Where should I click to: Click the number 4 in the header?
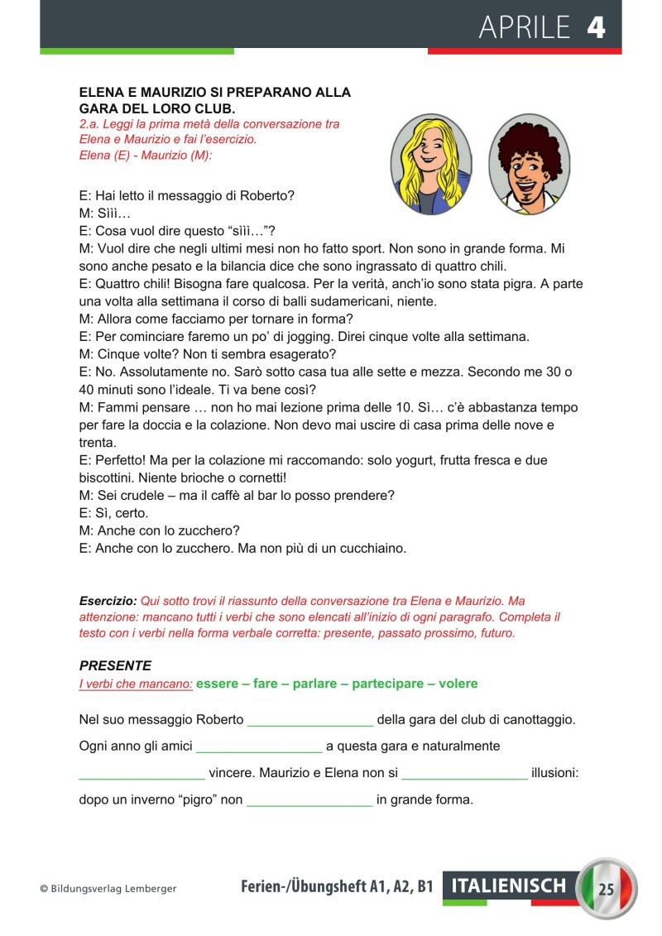pos(596,28)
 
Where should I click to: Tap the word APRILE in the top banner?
pos(525,28)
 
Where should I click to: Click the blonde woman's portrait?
pos(431,164)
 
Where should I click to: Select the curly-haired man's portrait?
pos(530,164)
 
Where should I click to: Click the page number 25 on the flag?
pos(607,890)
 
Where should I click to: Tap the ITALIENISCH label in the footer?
pos(509,886)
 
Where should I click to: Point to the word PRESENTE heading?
pos(115,665)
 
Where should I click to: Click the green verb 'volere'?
pos(458,684)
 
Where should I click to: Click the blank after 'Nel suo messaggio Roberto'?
pos(309,720)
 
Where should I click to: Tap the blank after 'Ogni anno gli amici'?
pos(259,746)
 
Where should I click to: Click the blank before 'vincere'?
pos(142,774)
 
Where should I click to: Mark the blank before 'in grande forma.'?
pos(309,800)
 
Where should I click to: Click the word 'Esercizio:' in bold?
pos(108,600)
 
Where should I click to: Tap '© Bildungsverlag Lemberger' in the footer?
pos(108,889)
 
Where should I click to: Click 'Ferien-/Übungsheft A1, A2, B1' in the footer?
pos(337,887)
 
